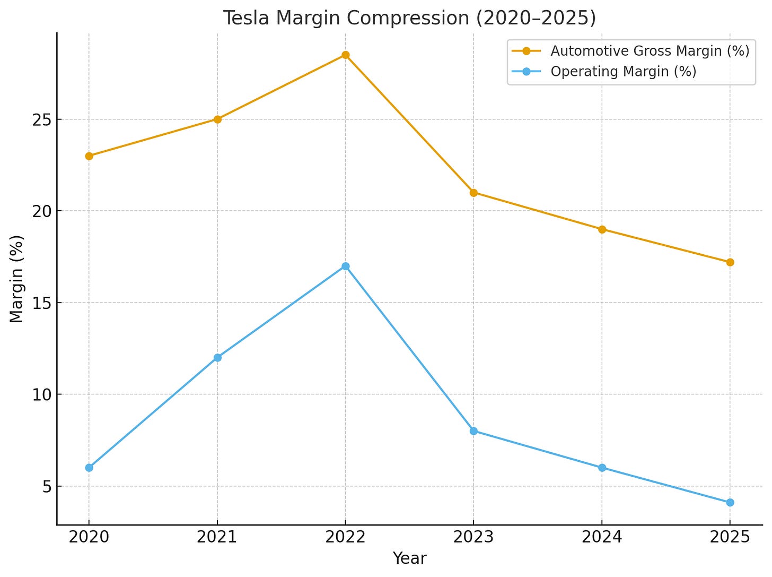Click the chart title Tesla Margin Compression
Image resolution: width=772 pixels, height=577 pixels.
pyautogui.click(x=409, y=18)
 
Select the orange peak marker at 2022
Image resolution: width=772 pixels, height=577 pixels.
pyautogui.click(x=345, y=55)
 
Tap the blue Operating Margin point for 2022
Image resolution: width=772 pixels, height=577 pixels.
pyautogui.click(x=345, y=266)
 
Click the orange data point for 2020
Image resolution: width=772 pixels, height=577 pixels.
pyautogui.click(x=89, y=156)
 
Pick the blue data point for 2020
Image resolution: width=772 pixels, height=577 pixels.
pyautogui.click(x=89, y=468)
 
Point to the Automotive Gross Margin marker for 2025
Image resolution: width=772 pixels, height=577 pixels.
pyautogui.click(x=730, y=262)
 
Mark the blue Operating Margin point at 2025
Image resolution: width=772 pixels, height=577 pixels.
pyautogui.click(x=730, y=502)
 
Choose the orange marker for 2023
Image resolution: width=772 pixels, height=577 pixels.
pyautogui.click(x=473, y=193)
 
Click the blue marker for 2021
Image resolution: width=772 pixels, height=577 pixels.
pyautogui.click(x=217, y=358)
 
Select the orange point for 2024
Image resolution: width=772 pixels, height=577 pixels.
pyautogui.click(x=602, y=229)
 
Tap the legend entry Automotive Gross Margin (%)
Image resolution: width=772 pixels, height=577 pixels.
pyautogui.click(x=650, y=51)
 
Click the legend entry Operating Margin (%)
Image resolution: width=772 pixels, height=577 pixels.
pyautogui.click(x=623, y=72)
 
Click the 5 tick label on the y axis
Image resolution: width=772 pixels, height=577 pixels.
pyautogui.click(x=47, y=487)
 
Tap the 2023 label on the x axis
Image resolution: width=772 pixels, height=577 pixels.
pyautogui.click(x=473, y=537)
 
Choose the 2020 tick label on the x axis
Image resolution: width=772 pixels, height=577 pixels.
pyautogui.click(x=89, y=537)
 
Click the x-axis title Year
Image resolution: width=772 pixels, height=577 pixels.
pyautogui.click(x=409, y=559)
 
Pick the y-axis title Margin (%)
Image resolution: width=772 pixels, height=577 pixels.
pyautogui.click(x=17, y=279)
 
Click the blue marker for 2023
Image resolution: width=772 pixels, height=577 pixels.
pyautogui.click(x=473, y=431)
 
